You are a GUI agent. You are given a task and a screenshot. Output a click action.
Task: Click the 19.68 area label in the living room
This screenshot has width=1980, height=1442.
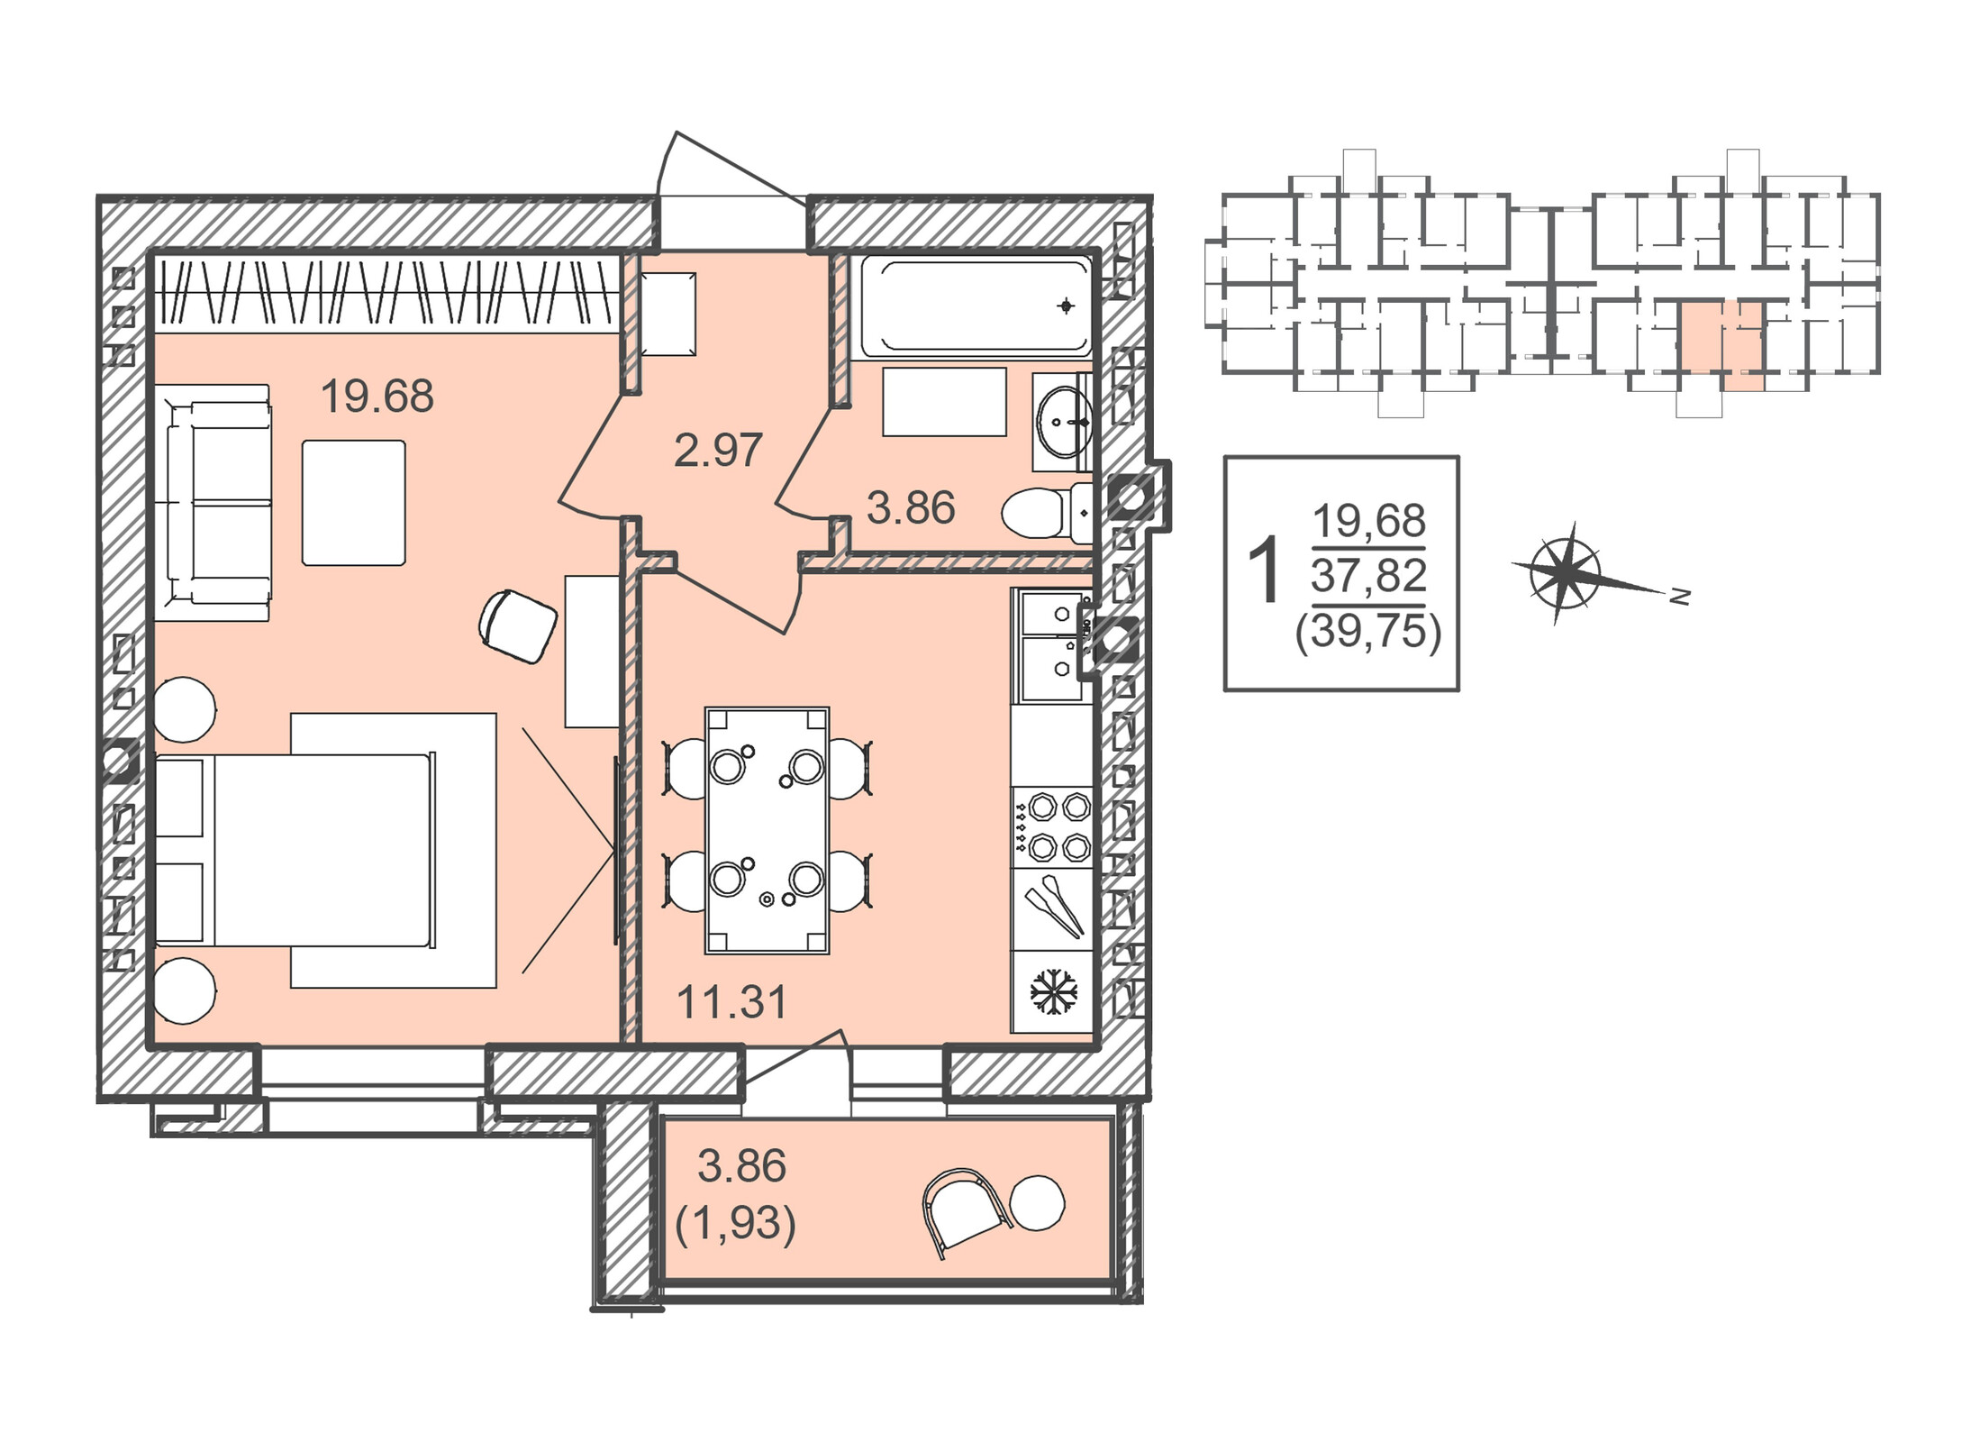[x=377, y=397]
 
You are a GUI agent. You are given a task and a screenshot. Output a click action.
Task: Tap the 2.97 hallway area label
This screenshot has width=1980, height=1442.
[x=718, y=450]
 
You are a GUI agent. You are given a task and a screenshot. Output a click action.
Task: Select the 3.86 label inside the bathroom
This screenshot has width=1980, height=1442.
[x=910, y=508]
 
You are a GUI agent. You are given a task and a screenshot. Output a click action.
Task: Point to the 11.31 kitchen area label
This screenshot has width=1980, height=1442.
[x=731, y=1002]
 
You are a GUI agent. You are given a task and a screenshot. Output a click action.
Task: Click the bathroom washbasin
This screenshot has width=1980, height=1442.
[x=1065, y=421]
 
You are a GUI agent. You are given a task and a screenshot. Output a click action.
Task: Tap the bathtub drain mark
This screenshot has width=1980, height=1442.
[x=1067, y=306]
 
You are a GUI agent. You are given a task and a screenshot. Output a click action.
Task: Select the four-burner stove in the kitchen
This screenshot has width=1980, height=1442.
[x=1052, y=827]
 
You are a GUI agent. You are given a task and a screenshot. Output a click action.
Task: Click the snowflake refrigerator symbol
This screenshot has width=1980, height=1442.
[x=1053, y=991]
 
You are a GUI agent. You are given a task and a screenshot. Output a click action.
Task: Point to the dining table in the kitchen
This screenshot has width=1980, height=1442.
[x=767, y=831]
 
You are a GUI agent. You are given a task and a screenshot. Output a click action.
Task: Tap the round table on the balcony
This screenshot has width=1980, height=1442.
[x=1038, y=1203]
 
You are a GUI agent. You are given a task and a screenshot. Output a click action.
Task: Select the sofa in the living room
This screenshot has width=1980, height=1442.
[x=213, y=502]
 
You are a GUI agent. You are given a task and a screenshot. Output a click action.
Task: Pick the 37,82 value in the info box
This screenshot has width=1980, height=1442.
[x=1368, y=576]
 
